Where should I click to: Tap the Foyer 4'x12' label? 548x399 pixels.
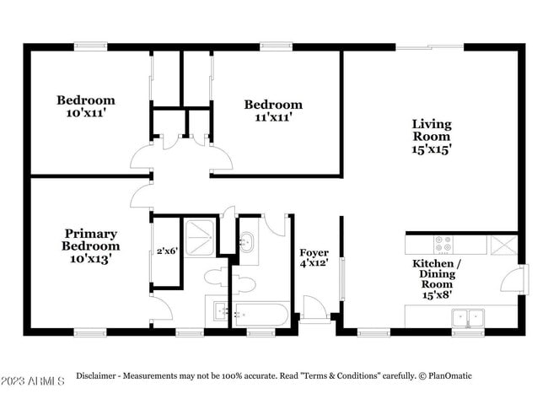pos(314,257)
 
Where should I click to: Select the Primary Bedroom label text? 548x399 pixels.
pos(91,240)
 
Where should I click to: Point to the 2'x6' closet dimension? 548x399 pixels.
pos(168,251)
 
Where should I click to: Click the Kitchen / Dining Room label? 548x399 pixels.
pos(437,278)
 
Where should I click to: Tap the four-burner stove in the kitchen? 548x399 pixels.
pos(443,245)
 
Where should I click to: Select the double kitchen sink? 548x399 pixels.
pos(468,318)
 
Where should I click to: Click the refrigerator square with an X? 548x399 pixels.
pos(503,245)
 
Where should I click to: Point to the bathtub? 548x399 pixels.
pos(261,315)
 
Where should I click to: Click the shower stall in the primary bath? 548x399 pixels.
pos(199,238)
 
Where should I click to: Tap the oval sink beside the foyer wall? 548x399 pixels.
pos(247,241)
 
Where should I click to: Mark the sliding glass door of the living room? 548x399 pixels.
pos(430,47)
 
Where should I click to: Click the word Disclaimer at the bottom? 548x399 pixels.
pos(96,376)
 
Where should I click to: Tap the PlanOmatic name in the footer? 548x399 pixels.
pos(450,376)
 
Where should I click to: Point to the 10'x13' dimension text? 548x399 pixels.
pos(91,259)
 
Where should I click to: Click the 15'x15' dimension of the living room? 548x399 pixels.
pos(432,149)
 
